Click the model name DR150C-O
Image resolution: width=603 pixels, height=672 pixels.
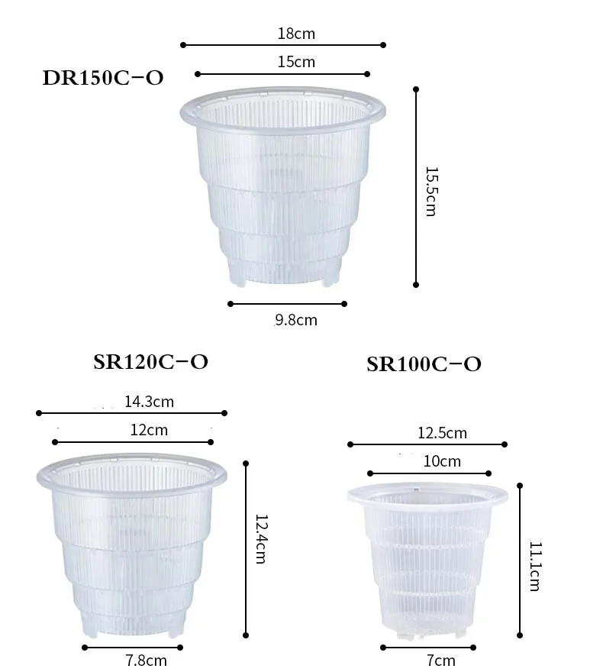tap(103, 78)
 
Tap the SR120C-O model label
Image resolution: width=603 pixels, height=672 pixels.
tap(151, 362)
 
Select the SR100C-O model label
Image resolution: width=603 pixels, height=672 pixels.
tap(424, 364)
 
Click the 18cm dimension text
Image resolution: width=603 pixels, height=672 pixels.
tap(296, 34)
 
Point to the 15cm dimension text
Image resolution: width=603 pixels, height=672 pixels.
tap(296, 62)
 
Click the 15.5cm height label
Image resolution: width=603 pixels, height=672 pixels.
tap(431, 192)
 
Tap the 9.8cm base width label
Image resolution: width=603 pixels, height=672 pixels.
tap(296, 320)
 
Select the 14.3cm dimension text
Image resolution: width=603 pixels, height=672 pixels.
tap(149, 402)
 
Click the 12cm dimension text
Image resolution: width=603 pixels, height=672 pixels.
tap(149, 430)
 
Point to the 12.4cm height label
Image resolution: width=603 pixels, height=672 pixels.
tap(261, 539)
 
